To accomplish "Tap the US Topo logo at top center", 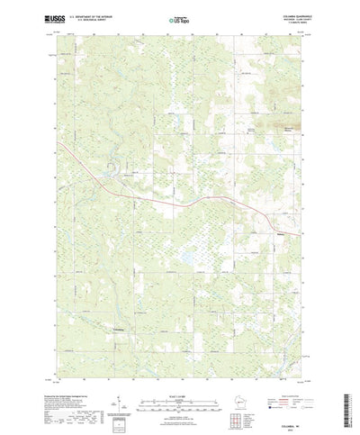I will pyautogui.click(x=178, y=17).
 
